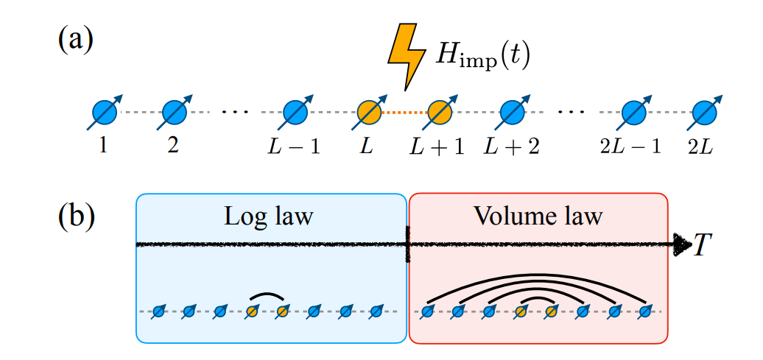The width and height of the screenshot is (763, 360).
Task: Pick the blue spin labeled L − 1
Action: tap(295, 113)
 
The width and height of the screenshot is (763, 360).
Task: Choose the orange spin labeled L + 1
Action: tap(439, 113)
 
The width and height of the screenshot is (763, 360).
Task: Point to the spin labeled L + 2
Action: tap(510, 113)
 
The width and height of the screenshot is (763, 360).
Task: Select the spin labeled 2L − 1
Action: tap(632, 113)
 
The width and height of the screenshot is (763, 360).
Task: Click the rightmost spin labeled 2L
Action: tap(703, 113)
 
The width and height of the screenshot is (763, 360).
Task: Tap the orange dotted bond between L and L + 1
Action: tap(404, 113)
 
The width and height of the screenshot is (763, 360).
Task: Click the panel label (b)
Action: tap(76, 217)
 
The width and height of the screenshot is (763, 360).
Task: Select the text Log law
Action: tap(269, 216)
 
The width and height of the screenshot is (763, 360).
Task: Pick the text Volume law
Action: tap(538, 216)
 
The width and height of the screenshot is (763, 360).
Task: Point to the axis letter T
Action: tap(703, 246)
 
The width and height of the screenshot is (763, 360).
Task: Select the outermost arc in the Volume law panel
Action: tap(536, 278)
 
